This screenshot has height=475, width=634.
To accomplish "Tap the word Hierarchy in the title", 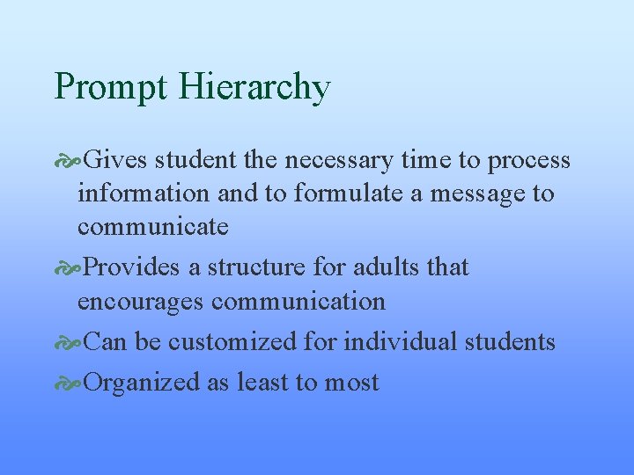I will tap(254, 88).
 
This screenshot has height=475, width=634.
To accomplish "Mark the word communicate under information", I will tap(152, 227).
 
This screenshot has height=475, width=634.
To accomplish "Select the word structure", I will tap(251, 267).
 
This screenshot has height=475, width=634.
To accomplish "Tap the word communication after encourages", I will tap(299, 301).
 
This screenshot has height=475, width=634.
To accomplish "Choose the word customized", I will tap(229, 341).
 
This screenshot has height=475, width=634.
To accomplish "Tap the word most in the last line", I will tap(351, 383).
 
